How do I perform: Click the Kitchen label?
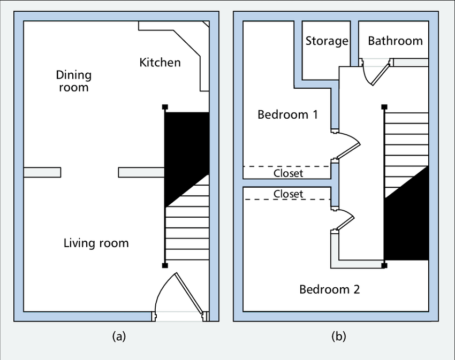tap(160, 63)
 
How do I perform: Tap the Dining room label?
tap(74, 81)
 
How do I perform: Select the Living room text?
tap(96, 243)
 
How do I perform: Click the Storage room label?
tap(327, 41)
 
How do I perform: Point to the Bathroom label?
tap(395, 41)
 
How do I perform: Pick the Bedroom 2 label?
tap(330, 289)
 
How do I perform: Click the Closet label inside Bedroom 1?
tap(289, 173)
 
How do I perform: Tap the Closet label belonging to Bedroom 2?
tap(289, 194)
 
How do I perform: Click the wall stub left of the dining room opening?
tap(42, 172)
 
